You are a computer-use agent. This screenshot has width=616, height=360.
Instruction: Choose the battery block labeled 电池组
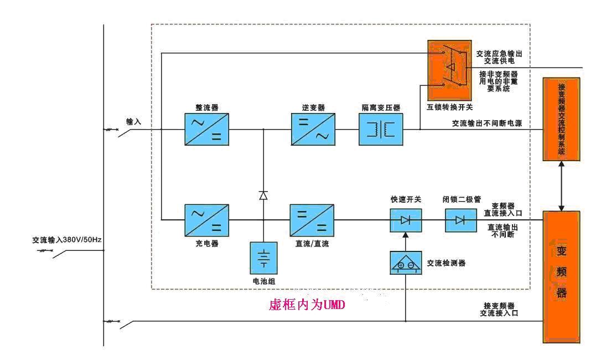click(x=263, y=258)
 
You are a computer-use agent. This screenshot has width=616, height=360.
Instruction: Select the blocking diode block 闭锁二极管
click(x=460, y=220)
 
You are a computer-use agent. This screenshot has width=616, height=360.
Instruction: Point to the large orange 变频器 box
click(x=562, y=277)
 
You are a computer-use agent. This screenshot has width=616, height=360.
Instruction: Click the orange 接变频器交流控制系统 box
click(x=562, y=119)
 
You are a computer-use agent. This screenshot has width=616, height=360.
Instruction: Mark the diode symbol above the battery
click(x=263, y=195)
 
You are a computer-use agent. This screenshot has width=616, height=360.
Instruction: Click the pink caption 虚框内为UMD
click(x=307, y=305)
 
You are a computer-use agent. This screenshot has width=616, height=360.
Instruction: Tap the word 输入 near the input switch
click(x=134, y=121)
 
